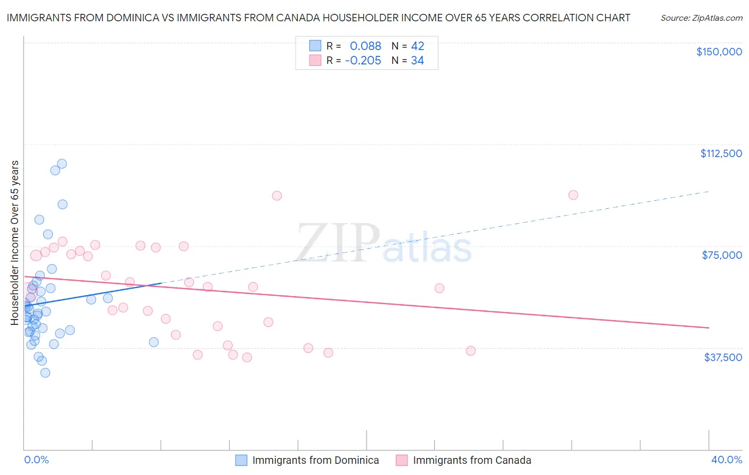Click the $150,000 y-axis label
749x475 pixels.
point(719,52)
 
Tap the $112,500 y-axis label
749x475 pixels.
point(721,153)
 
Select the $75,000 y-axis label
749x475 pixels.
point(722,255)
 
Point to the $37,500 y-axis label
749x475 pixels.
point(723,357)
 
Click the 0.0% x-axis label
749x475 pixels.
point(36,460)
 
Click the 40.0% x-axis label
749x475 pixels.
point(726,460)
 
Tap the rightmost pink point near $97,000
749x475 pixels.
point(573,195)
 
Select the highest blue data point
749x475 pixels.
point(62,164)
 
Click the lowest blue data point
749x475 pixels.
point(45,373)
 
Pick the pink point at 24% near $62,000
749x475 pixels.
point(439,288)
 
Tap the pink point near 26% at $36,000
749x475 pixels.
point(471,351)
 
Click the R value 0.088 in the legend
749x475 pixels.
point(365,46)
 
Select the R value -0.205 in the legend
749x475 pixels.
point(363,61)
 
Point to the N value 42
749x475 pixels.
point(417,46)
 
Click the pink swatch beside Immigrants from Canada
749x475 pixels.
point(402,460)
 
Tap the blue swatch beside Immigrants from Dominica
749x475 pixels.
point(241,460)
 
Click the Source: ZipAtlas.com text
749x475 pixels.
point(701,18)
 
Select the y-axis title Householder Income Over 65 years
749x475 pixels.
point(15,242)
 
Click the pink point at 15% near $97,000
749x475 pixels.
point(276,195)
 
